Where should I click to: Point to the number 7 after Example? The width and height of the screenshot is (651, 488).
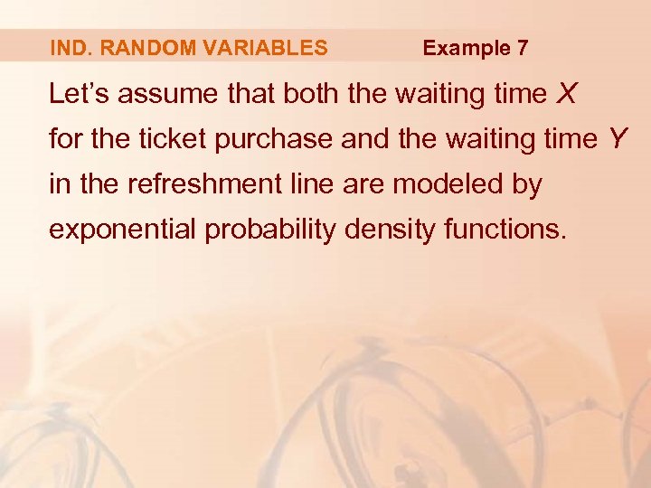(x=523, y=48)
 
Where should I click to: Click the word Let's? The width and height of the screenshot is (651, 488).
(x=75, y=94)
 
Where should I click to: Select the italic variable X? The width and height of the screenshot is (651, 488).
(x=567, y=94)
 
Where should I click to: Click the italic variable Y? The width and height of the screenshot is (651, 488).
(x=617, y=140)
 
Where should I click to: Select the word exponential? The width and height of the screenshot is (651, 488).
(x=122, y=230)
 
